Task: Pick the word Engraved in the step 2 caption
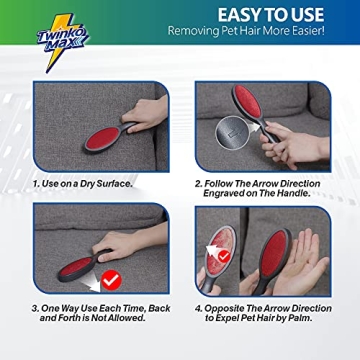[218, 193]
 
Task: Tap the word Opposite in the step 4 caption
[225, 308]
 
